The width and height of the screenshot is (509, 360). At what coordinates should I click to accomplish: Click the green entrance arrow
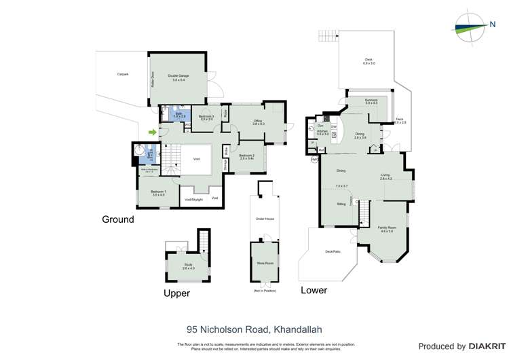coord(153,132)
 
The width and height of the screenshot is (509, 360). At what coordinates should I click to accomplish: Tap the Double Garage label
coord(178,78)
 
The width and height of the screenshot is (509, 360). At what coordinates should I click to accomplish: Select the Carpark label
coord(123,73)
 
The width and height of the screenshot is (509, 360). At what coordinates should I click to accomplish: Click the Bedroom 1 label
coord(158,194)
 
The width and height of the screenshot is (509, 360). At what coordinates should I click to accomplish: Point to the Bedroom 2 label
coord(246,157)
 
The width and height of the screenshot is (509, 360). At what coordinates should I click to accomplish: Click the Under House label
coord(265,219)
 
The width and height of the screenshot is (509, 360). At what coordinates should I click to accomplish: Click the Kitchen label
coord(322,132)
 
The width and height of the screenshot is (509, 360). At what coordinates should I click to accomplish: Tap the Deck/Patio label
coord(332,251)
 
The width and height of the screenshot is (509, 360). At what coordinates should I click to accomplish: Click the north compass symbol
coord(472,25)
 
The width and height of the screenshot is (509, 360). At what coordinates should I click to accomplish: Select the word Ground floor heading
coord(118,219)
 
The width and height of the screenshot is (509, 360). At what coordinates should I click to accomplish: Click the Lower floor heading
coord(314,290)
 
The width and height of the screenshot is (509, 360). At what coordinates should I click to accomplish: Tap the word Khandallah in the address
coord(297,329)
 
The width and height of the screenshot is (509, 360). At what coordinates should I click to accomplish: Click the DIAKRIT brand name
coord(485,346)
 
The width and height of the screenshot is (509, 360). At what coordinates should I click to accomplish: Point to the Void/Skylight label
coord(194,199)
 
